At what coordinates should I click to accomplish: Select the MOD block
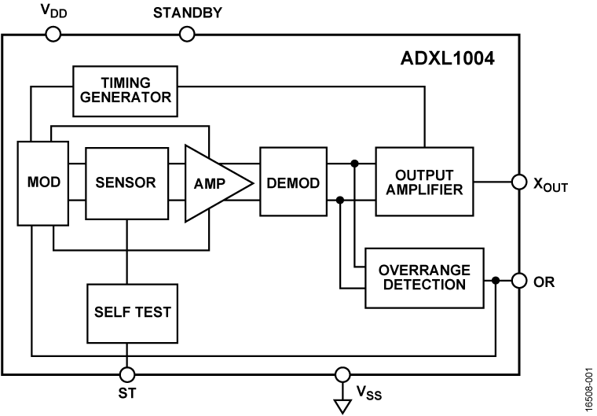tap(42, 182)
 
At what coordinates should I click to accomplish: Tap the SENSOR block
tap(126, 182)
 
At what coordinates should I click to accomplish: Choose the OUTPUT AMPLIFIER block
tap(424, 182)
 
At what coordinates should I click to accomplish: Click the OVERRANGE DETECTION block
tap(424, 277)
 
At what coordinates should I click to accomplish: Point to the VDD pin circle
tap(54, 34)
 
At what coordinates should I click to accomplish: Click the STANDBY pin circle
tap(186, 34)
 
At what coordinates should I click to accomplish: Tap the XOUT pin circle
tap(518, 182)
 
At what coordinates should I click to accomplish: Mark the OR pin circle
tap(518, 281)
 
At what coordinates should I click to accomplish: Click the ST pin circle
tap(126, 374)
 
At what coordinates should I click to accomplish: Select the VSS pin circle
tap(342, 374)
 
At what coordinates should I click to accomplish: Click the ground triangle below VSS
tap(342, 404)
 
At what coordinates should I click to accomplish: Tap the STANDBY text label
tap(186, 13)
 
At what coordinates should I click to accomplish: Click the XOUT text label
tap(549, 185)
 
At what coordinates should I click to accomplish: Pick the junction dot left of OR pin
tap(496, 281)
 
